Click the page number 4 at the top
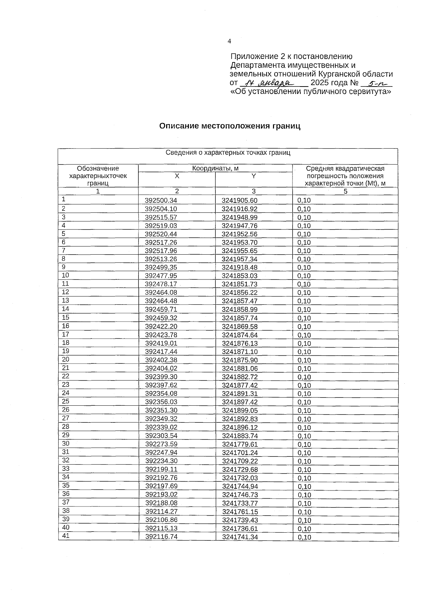(229, 41)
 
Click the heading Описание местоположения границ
(229, 126)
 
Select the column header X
(176, 176)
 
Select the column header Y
(253, 176)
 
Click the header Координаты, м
(215, 168)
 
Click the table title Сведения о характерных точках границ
(228, 153)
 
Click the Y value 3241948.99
(240, 217)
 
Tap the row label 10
(65, 275)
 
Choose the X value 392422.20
(161, 327)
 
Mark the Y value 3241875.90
(240, 360)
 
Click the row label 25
(66, 401)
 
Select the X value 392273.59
(161, 444)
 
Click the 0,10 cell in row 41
(305, 537)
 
